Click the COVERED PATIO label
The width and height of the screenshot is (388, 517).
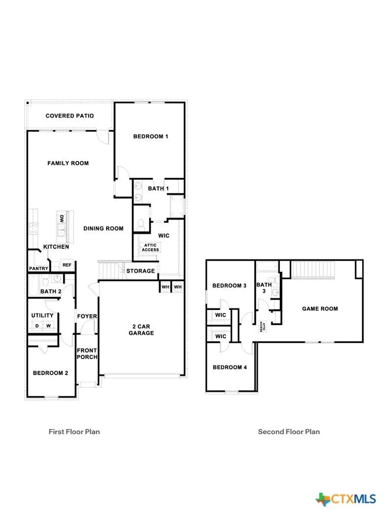click(70, 116)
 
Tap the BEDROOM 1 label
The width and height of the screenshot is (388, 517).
click(151, 136)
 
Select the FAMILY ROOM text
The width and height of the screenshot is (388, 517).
click(68, 163)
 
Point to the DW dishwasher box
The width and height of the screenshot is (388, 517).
click(62, 219)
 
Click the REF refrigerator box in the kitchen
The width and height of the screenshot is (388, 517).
click(66, 265)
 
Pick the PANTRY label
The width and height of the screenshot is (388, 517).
click(38, 268)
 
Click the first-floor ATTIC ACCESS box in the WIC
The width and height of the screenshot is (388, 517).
click(150, 247)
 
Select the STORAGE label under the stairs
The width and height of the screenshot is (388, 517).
click(140, 271)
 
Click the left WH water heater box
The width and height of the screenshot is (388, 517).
click(165, 287)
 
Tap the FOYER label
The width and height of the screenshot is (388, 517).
click(87, 317)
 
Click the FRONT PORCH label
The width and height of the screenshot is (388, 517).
click(87, 353)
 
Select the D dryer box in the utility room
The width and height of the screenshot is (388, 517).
click(37, 326)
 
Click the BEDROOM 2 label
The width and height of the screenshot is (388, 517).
click(50, 373)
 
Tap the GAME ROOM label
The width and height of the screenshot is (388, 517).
click(320, 308)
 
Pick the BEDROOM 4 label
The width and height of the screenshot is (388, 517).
click(229, 367)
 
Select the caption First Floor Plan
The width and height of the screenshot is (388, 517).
click(74, 432)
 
